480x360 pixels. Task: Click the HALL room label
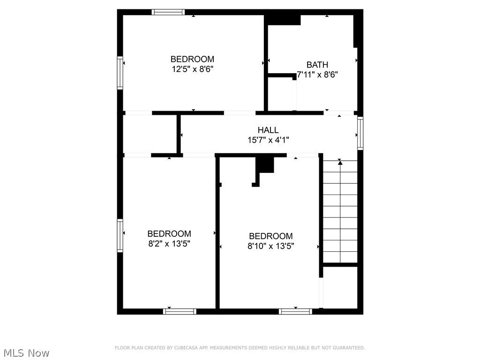pos(268,130)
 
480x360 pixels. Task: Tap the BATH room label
pos(317,65)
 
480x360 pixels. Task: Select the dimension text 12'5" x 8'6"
pos(192,69)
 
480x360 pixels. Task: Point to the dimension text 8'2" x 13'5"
pos(169,243)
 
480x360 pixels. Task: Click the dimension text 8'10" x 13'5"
pos(271,246)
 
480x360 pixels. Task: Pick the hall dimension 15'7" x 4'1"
pos(268,140)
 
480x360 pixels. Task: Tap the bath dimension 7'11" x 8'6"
pos(317,75)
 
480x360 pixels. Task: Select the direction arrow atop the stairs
pos(340,163)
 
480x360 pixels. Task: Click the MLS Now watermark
pos(26,353)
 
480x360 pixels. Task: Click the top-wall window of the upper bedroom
pos(168,12)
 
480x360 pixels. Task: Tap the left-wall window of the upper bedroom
pos(120,73)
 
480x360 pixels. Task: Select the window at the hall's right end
pos(360,133)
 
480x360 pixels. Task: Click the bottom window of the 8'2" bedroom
pos(180,311)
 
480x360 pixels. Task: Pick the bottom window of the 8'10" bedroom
pos(295,311)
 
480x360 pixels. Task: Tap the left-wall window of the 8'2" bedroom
pos(120,235)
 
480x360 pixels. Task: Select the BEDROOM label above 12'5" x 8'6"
pos(192,59)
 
